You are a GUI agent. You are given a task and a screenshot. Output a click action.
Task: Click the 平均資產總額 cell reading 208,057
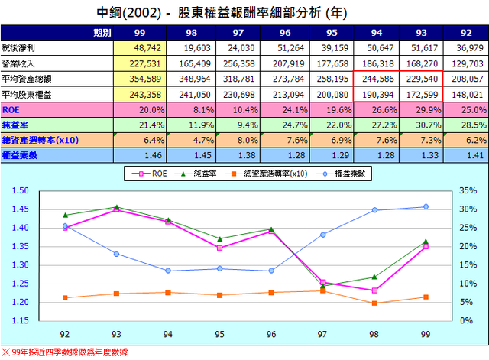(x=468, y=78)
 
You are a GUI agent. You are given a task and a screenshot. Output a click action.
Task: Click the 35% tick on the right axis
(x=469, y=190)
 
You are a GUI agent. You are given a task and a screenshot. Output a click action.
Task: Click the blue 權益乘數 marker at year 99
(x=426, y=206)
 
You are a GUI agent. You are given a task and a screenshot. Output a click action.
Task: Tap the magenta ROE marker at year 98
(x=374, y=290)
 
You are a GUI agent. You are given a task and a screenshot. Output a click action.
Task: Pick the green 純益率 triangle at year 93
(x=115, y=206)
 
